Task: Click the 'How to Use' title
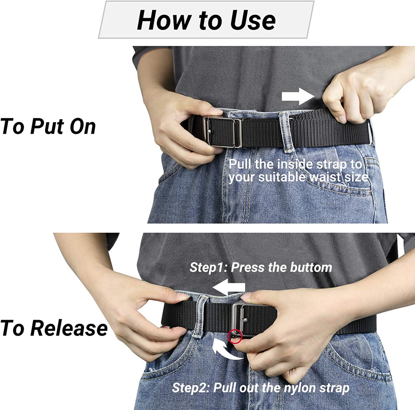[x=206, y=20]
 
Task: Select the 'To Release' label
[x=54, y=328]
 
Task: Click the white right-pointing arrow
[x=298, y=97]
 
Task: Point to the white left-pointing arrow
[x=229, y=287]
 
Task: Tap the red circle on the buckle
[x=235, y=336]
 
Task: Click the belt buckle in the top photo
[x=223, y=132]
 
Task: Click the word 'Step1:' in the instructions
[x=209, y=268]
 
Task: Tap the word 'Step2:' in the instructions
[x=191, y=388]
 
